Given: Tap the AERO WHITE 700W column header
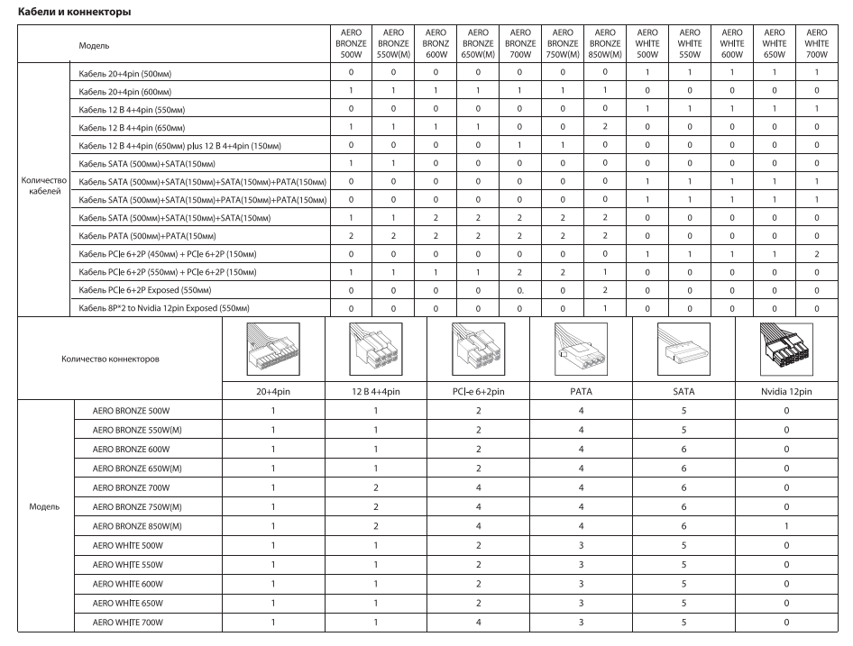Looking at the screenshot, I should click(817, 42).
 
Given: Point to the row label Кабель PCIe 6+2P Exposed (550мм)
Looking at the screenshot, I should click(144, 291).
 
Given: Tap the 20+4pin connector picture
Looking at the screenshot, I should click(273, 351).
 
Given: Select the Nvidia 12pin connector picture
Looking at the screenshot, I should click(786, 351).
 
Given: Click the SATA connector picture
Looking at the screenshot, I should click(683, 351).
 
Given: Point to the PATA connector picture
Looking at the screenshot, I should click(581, 351).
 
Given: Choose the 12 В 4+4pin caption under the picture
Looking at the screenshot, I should click(375, 392).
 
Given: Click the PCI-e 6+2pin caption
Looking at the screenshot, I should click(478, 392).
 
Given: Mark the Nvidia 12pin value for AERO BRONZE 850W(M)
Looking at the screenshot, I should click(786, 524).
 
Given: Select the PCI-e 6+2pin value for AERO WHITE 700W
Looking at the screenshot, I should click(478, 622).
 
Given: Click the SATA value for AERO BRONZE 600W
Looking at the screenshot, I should click(683, 448).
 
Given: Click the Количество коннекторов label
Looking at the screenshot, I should click(110, 358).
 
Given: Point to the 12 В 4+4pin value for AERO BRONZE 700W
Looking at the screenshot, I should click(375, 487).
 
